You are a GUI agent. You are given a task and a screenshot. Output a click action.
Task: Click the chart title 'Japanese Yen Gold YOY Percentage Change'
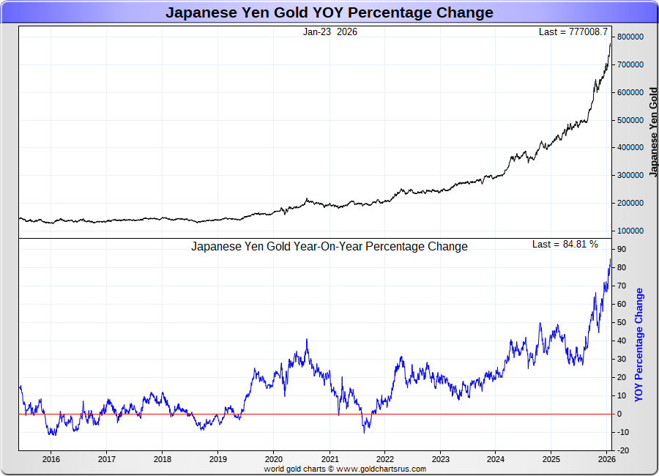[329, 12]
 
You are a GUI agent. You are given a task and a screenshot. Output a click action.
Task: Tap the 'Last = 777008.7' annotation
[573, 32]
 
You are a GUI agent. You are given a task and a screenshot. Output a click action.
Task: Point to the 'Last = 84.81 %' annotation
[565, 244]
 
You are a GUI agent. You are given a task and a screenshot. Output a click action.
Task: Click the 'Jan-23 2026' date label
[330, 32]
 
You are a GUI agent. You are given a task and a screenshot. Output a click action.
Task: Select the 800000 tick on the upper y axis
[630, 37]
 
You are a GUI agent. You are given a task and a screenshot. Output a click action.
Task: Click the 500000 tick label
[630, 120]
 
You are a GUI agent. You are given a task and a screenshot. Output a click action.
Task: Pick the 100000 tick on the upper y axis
[630, 231]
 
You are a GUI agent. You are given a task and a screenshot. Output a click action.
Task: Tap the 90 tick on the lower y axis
[622, 249]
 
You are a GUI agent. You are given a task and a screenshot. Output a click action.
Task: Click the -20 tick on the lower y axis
[624, 450]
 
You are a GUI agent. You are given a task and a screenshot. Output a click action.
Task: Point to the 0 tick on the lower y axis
[619, 414]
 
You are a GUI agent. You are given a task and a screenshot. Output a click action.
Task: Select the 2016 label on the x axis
[51, 459]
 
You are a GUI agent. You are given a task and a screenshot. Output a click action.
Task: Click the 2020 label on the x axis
[273, 459]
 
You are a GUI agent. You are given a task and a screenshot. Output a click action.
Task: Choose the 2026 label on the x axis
[606, 459]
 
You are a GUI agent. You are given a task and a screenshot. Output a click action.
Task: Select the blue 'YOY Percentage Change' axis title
[639, 344]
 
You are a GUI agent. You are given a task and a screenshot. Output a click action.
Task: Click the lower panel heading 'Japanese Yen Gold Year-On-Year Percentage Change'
[329, 247]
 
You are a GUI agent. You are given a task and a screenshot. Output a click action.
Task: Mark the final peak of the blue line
[611, 259]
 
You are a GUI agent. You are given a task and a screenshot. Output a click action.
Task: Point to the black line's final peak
[611, 43]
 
